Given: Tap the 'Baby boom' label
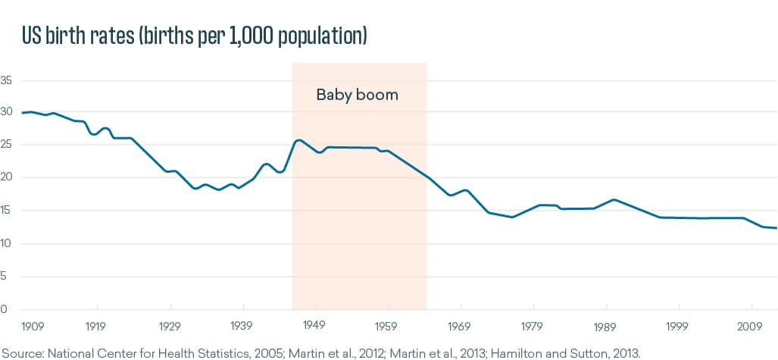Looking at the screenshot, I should click(x=357, y=95).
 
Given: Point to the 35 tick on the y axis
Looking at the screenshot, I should click(x=7, y=80).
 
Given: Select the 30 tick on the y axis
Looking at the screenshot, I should click(x=7, y=112).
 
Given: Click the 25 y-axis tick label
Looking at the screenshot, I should click(x=7, y=145).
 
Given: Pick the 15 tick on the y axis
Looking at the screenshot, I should click(x=7, y=211).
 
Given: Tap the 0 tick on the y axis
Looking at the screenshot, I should click(x=4, y=309).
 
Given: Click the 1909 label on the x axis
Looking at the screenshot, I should click(x=33, y=326).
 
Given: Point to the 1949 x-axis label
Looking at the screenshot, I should click(x=314, y=326).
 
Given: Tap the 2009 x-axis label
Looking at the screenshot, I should click(x=751, y=326).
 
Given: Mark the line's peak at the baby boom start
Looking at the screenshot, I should click(x=298, y=140).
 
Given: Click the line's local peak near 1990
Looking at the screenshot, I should click(x=613, y=199).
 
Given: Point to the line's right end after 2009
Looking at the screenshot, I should click(x=776, y=228).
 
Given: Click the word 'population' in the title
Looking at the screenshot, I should click(x=319, y=36).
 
